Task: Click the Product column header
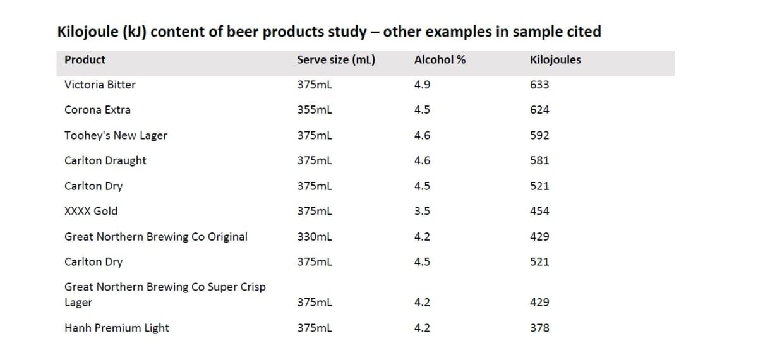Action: [x=85, y=60]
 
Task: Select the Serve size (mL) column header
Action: [x=336, y=60]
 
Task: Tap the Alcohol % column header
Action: [x=440, y=60]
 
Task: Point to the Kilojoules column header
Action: [x=555, y=60]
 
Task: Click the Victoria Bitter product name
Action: [x=100, y=85]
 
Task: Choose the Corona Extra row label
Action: [x=97, y=110]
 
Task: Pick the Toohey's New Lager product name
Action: [x=116, y=135]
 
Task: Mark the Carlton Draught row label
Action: [x=105, y=160]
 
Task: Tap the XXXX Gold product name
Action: [x=91, y=211]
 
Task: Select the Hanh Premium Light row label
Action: [x=117, y=328]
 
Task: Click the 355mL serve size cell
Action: [x=315, y=110]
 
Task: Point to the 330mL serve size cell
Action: [x=315, y=237]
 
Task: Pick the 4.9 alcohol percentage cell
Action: [x=422, y=85]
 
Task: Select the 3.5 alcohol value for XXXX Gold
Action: [x=422, y=211]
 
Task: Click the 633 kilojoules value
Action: [x=539, y=85]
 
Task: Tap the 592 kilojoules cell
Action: [x=539, y=135]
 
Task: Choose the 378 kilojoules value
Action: [x=539, y=328]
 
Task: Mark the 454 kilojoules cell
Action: [x=539, y=211]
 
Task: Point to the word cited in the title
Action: [x=581, y=32]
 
